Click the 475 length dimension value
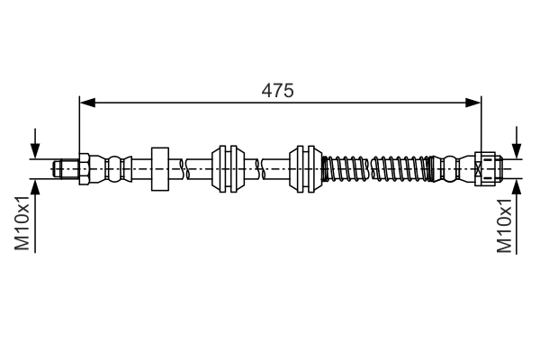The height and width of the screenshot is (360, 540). (x=278, y=90)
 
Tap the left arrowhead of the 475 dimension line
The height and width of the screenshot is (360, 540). (x=86, y=103)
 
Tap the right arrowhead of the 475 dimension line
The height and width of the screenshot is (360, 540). (x=474, y=103)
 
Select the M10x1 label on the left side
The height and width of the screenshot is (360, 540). (x=24, y=225)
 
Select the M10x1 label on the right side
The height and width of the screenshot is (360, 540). (x=506, y=225)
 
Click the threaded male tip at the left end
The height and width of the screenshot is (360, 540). (x=64, y=167)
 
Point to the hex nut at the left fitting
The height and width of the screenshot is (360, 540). (x=83, y=167)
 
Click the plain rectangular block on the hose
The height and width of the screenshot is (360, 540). (x=160, y=167)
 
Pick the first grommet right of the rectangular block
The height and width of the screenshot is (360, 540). (x=228, y=167)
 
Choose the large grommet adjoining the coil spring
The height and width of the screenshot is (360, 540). (x=304, y=167)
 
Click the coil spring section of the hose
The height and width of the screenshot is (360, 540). (x=378, y=167)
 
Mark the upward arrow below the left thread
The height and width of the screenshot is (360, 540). (x=35, y=189)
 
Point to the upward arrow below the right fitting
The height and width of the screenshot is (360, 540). (x=517, y=189)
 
